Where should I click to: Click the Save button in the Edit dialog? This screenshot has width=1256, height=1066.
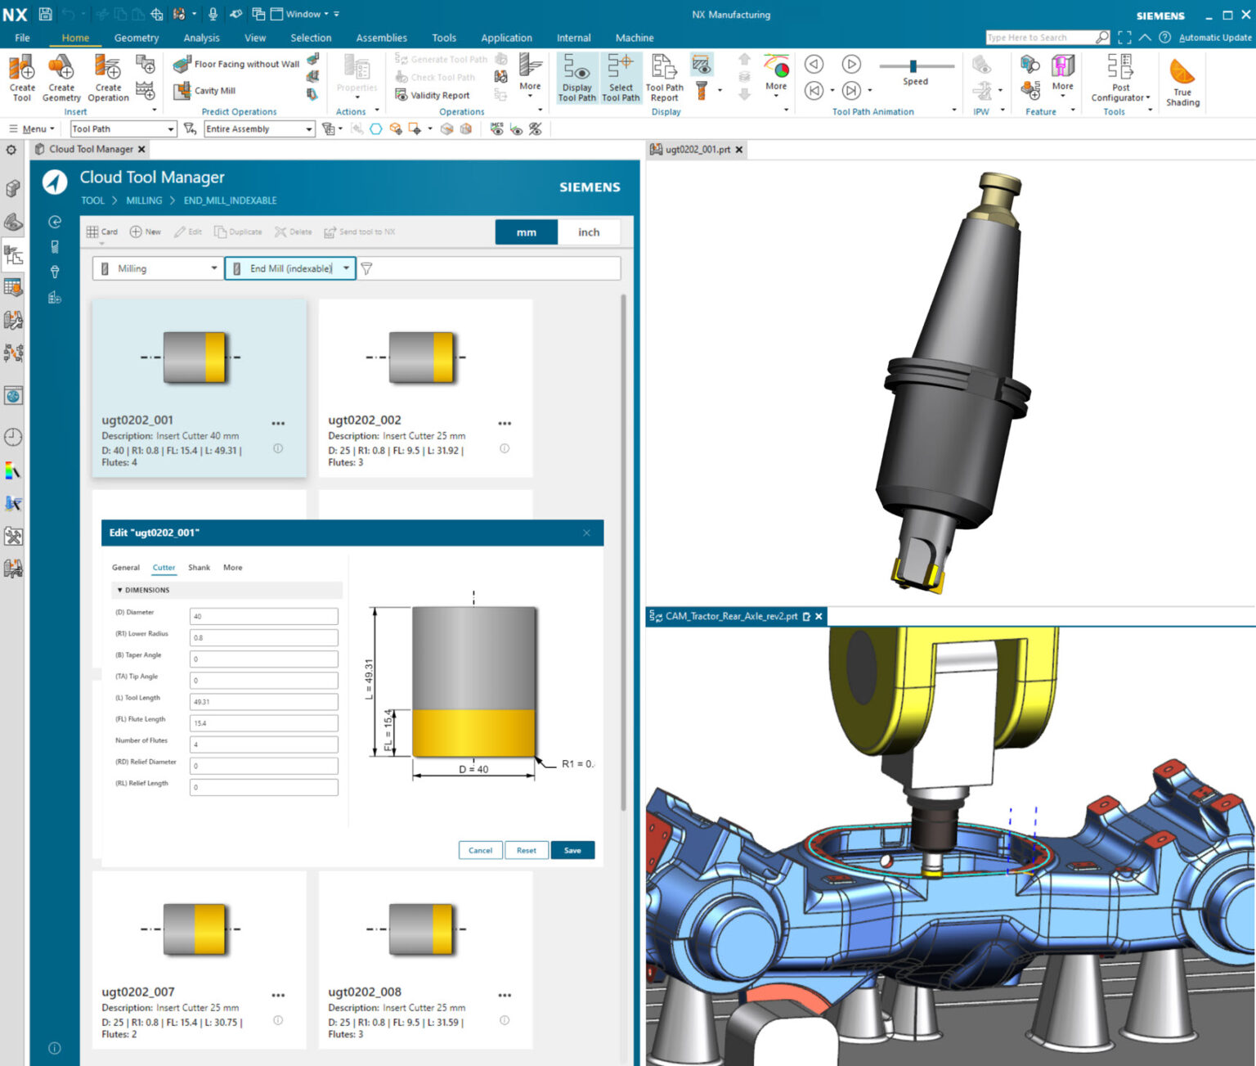point(572,850)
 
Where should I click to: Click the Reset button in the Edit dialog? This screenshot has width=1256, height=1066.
point(526,850)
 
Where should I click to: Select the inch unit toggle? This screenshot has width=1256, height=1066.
point(588,232)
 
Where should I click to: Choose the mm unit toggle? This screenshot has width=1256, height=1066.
point(526,232)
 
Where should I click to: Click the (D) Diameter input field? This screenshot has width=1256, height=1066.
point(263,616)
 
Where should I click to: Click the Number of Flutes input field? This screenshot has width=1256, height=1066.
point(263,744)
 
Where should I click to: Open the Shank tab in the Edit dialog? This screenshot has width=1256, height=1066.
point(199,568)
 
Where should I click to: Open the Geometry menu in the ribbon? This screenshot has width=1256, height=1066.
point(137,38)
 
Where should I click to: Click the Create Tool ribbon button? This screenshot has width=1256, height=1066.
point(22,79)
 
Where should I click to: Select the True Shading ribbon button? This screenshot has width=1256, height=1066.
point(1182,82)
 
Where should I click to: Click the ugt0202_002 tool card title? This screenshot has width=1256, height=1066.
point(365,420)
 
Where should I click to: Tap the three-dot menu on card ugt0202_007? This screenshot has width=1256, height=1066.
point(278,996)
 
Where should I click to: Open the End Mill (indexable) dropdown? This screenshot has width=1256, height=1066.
point(290,268)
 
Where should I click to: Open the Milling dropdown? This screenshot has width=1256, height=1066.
point(158,268)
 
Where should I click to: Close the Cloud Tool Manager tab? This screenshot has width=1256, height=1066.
point(141,150)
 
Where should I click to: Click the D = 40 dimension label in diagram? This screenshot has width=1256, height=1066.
point(473,769)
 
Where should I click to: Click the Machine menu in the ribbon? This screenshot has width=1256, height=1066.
point(634,38)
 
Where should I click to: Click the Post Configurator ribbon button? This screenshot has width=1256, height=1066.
point(1120,79)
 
